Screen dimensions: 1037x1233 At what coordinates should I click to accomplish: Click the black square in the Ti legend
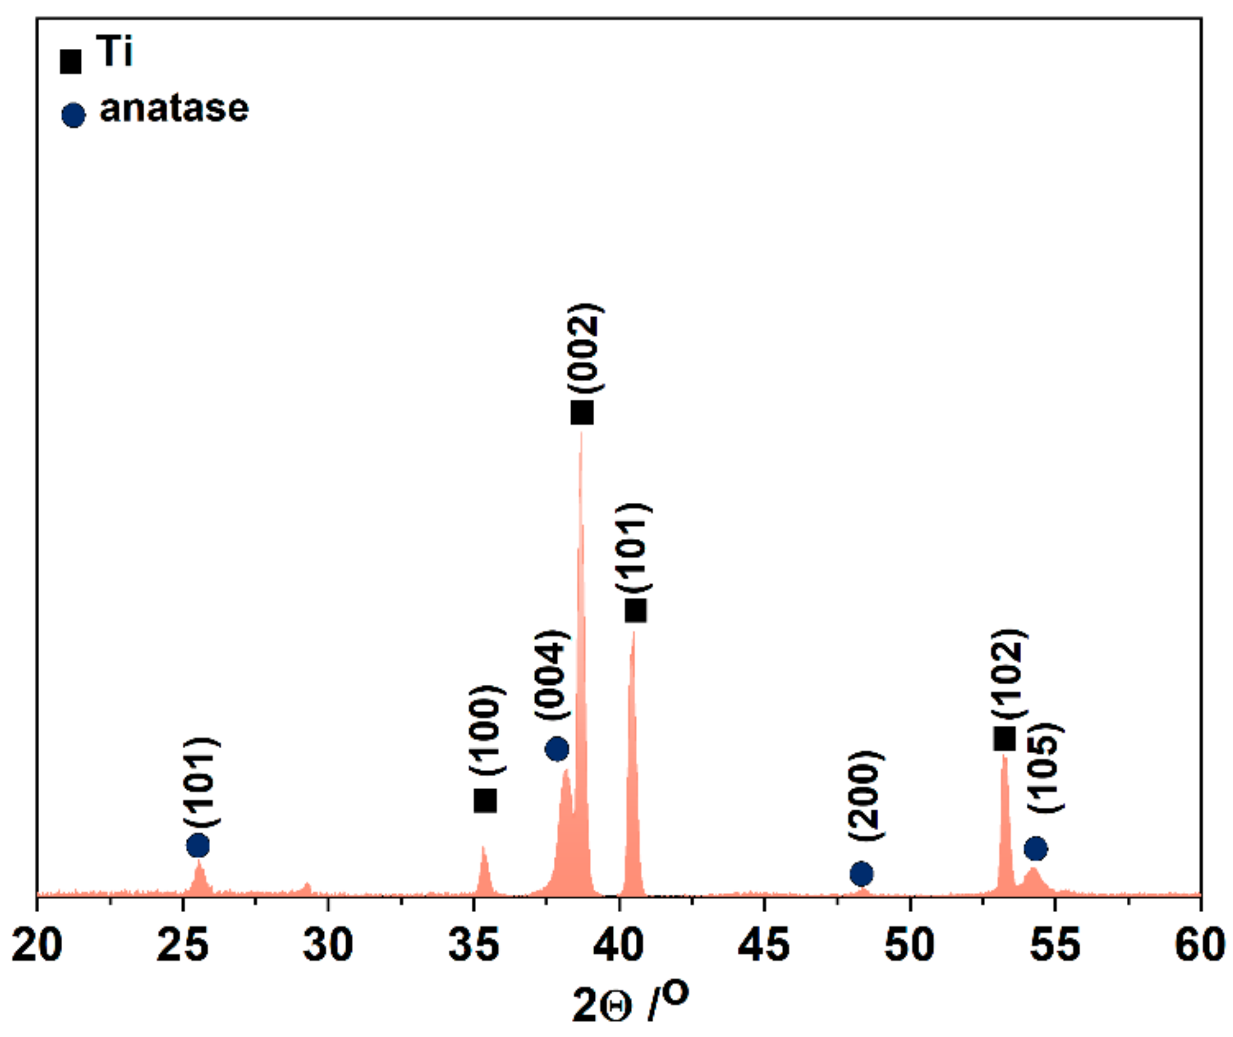(71, 61)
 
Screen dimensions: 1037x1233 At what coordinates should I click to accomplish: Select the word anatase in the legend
(174, 109)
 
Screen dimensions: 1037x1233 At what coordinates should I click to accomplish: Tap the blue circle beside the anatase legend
(74, 115)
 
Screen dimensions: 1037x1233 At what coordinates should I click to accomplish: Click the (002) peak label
(584, 348)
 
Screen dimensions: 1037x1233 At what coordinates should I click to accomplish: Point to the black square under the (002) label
(582, 413)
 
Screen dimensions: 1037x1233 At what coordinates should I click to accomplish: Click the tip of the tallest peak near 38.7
(581, 433)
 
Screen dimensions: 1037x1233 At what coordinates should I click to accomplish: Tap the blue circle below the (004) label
(557, 749)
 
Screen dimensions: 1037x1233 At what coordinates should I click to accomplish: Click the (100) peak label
(486, 730)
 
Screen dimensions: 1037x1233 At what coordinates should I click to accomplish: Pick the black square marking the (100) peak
(486, 801)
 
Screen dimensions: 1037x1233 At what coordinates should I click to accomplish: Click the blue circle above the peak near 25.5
(198, 846)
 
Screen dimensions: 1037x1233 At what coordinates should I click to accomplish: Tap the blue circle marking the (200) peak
(861, 873)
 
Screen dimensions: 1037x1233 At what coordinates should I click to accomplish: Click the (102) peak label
(1009, 674)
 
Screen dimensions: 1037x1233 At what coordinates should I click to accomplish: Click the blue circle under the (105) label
(1036, 849)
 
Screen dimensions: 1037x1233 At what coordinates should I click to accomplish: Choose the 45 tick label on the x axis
(764, 945)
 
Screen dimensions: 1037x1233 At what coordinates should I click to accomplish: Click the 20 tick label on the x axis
(37, 945)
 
